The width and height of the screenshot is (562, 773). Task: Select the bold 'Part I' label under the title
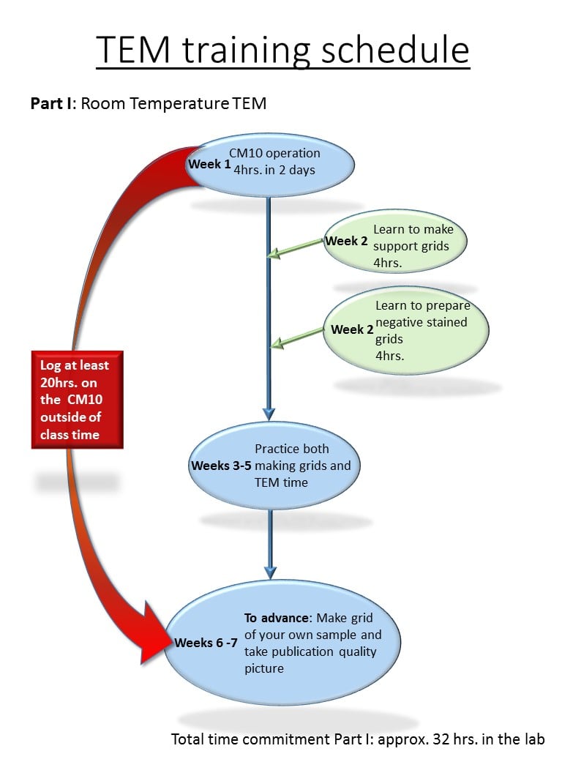coord(50,103)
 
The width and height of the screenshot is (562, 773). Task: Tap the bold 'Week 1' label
coord(209,164)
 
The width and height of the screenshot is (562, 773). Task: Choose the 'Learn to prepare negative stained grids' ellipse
coord(406,329)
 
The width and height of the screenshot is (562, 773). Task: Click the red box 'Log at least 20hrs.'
coord(76,400)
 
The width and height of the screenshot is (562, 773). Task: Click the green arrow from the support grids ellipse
coord(296,247)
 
